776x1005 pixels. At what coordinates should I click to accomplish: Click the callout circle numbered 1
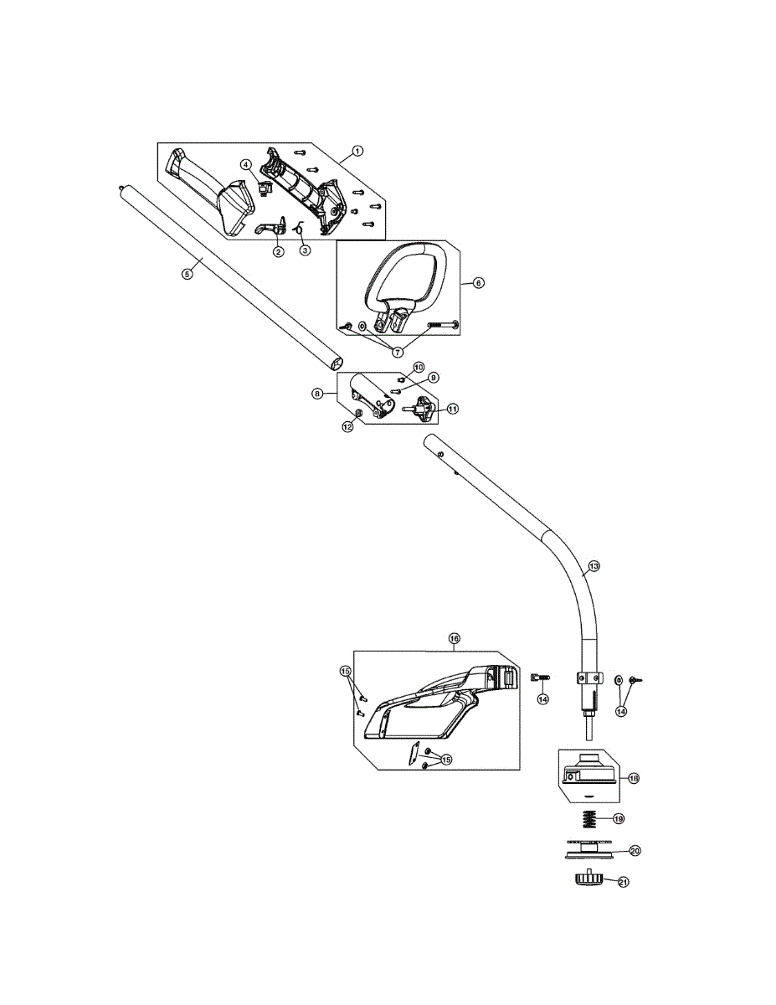(357, 150)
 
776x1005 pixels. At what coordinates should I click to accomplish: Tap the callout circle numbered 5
(187, 274)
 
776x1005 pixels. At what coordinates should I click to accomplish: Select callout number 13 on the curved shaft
(594, 565)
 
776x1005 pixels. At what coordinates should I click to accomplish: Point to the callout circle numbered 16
(455, 638)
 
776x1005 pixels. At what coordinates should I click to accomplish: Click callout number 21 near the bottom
(624, 883)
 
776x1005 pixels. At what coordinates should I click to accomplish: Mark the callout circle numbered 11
(453, 409)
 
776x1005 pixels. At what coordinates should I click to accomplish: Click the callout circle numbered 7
(398, 352)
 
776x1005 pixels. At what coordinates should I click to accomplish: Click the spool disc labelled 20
(588, 850)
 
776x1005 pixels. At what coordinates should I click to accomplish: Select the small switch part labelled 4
(264, 188)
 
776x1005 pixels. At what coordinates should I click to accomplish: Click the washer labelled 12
(357, 411)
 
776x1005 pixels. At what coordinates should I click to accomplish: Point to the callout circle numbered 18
(634, 778)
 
